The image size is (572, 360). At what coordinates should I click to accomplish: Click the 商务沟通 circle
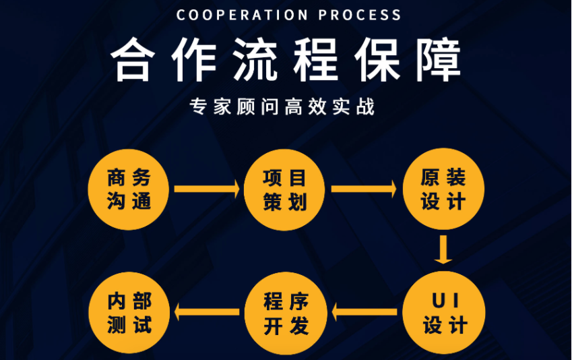click(129, 189)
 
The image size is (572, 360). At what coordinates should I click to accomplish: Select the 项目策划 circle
click(284, 189)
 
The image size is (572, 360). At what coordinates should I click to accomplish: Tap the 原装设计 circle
click(443, 189)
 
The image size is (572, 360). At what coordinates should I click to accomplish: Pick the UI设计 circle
click(443, 313)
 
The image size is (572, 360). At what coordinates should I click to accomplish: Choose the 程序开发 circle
click(286, 313)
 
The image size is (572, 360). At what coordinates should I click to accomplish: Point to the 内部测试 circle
click(129, 313)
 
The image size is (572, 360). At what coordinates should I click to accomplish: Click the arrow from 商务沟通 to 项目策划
click(207, 189)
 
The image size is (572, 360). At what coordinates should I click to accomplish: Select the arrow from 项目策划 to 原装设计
click(364, 189)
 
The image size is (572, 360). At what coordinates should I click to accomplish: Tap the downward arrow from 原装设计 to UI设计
click(443, 249)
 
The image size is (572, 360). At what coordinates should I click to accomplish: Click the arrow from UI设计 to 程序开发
click(364, 312)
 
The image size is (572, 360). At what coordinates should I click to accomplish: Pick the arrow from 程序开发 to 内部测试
click(207, 312)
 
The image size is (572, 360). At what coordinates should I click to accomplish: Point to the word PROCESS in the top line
click(360, 15)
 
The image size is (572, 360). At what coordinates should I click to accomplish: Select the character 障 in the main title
click(439, 59)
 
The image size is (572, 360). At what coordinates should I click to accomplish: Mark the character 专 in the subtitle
click(199, 107)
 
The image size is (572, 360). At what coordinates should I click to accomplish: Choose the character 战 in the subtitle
click(366, 107)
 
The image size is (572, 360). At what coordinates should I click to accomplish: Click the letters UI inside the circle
click(445, 301)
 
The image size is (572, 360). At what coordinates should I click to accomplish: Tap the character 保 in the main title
click(377, 59)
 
